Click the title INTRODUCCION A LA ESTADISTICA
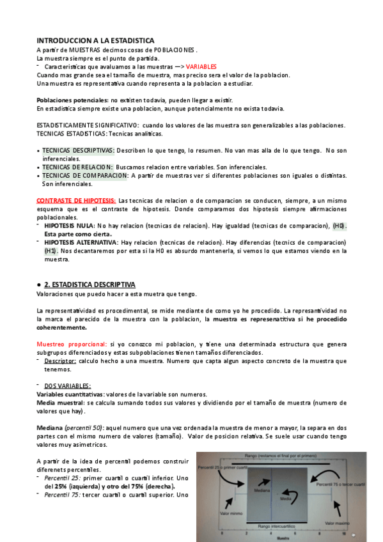(x=95, y=40)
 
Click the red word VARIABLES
(x=201, y=66)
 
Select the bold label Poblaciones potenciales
(x=72, y=100)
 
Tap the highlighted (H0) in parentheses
(x=339, y=226)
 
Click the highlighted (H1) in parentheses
(x=51, y=251)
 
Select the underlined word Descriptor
(x=60, y=361)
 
